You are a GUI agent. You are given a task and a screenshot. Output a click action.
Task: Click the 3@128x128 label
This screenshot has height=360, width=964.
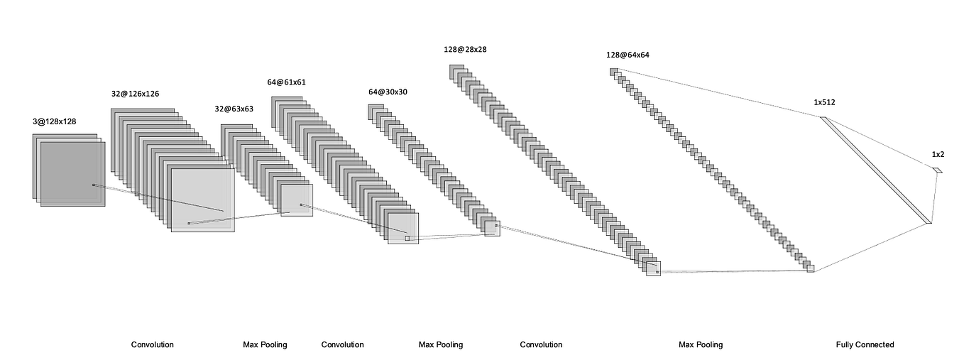pos(54,121)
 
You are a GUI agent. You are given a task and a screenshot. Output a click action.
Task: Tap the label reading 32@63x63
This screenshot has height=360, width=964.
pos(234,109)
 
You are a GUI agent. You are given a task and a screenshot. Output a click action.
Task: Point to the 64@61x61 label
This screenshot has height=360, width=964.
pos(287,82)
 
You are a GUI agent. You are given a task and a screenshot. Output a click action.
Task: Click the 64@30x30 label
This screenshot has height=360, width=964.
pos(388,92)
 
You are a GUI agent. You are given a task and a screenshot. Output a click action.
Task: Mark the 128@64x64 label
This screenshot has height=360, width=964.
pos(627,55)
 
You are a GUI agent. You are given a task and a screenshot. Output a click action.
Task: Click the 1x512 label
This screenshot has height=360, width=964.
pos(824,102)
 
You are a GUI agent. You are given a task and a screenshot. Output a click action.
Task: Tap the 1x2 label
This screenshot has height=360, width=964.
pos(938,154)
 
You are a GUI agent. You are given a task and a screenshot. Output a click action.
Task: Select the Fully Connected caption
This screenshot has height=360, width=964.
pos(865,344)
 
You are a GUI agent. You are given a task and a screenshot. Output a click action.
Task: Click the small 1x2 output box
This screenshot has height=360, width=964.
pos(937,170)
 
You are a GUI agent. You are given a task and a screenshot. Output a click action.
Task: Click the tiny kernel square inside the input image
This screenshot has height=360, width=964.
pos(93,185)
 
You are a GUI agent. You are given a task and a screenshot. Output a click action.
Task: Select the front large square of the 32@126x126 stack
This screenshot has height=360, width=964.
pos(202,200)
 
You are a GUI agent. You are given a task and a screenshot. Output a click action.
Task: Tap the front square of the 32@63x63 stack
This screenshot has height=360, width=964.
pos(297,200)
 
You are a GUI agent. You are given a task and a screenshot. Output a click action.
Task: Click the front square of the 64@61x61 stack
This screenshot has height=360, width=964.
pos(403,228)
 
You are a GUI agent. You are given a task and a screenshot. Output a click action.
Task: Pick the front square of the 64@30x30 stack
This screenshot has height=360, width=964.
pos(492,228)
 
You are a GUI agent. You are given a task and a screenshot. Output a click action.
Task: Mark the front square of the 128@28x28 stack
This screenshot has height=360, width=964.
pos(653,268)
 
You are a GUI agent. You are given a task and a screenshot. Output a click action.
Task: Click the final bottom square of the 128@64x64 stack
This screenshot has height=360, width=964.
pos(811,268)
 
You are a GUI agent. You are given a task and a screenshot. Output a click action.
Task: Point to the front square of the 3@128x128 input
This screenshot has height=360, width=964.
pos(72,174)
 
